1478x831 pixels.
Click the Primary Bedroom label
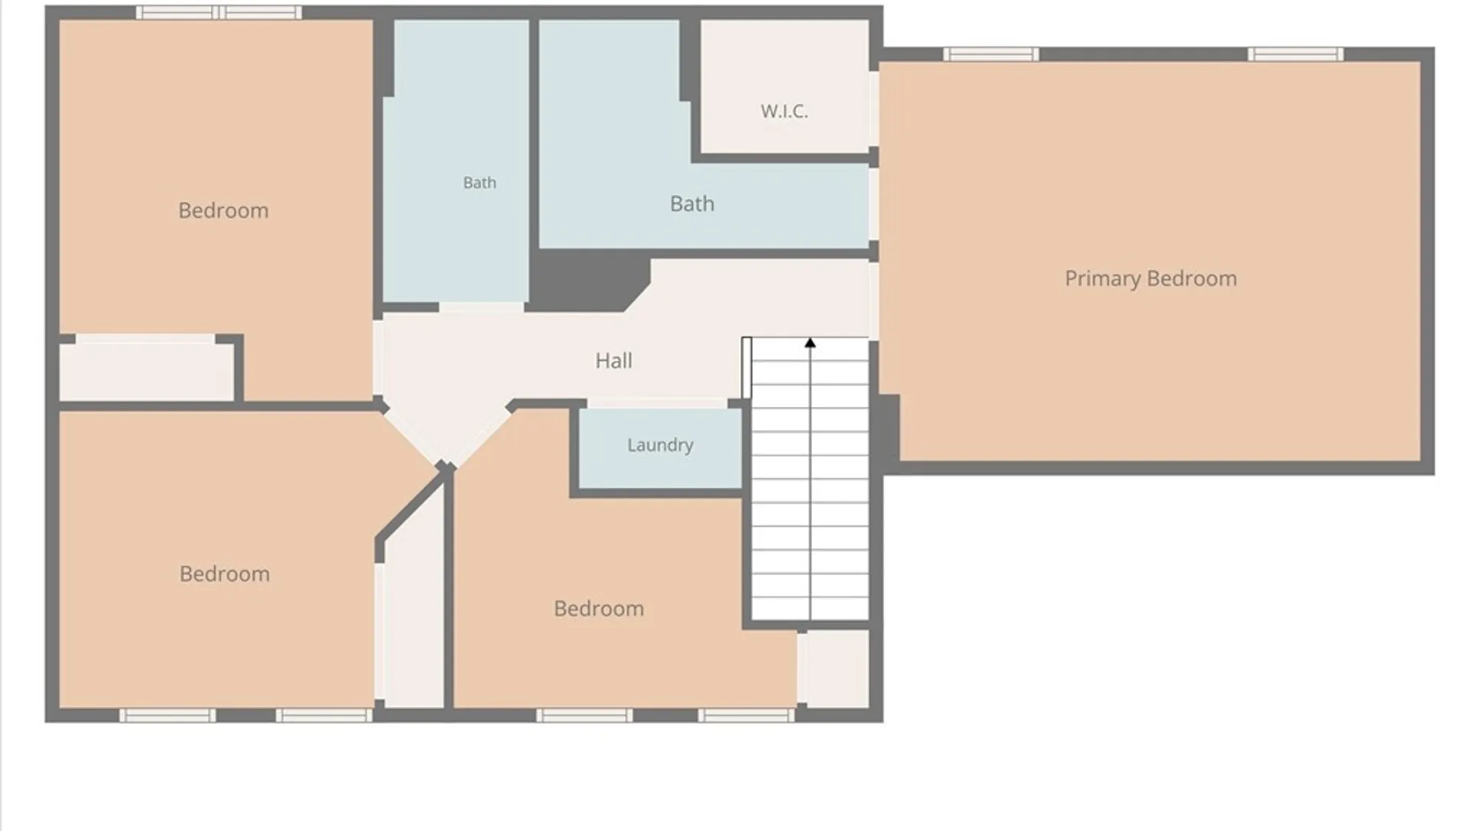1151,279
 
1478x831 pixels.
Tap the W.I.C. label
784,111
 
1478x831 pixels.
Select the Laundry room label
660,445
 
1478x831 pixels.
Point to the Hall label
614,360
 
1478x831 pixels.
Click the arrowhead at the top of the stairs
810,342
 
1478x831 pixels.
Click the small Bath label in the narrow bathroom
480,182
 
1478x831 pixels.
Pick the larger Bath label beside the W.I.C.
692,204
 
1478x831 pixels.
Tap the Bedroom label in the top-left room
223,210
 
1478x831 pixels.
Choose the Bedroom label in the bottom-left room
225,573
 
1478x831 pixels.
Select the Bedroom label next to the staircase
599,608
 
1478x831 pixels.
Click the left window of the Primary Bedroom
991,54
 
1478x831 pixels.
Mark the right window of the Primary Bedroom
1296,54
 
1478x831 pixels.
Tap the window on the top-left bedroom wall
219,12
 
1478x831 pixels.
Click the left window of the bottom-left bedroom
168,716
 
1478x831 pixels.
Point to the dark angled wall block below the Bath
589,281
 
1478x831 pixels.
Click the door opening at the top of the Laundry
657,403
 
